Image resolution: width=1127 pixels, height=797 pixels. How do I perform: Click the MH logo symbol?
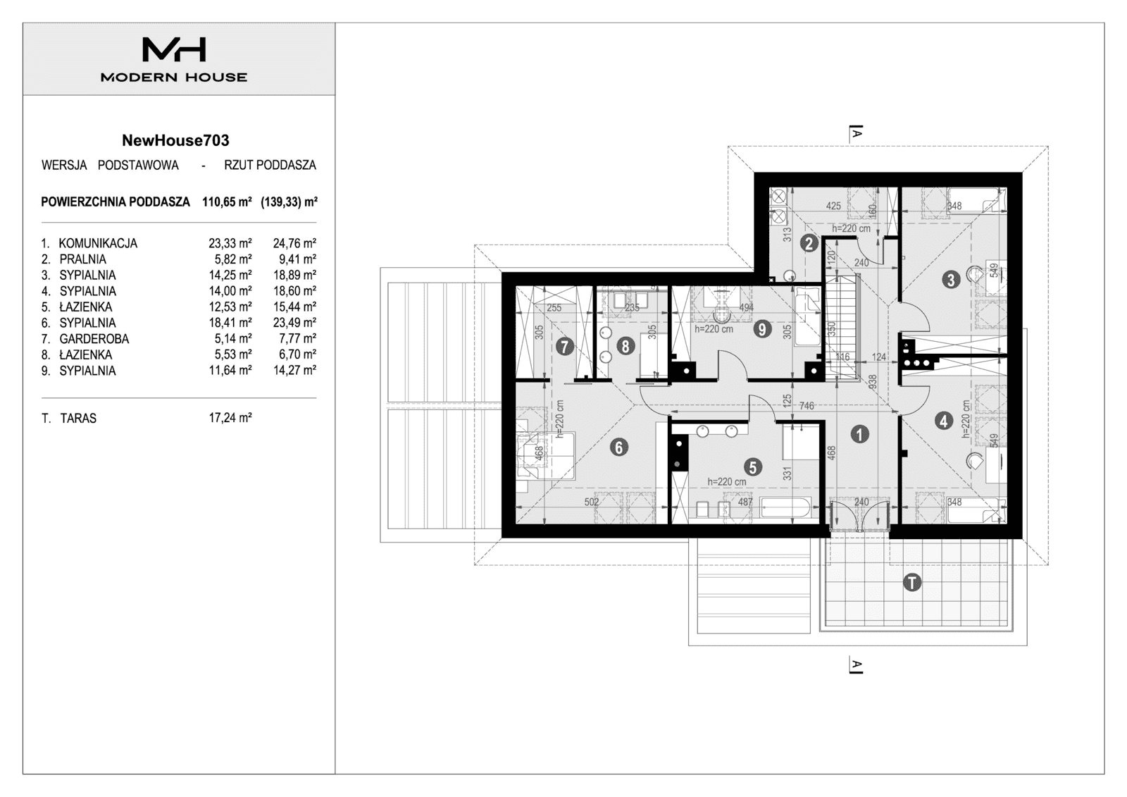(x=174, y=49)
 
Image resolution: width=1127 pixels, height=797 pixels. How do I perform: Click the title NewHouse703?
(x=175, y=140)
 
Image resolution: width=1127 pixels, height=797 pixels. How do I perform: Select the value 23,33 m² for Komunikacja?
(x=230, y=243)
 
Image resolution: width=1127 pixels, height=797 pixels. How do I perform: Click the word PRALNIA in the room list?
(x=82, y=259)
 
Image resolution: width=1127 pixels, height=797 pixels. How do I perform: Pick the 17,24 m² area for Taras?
(x=230, y=418)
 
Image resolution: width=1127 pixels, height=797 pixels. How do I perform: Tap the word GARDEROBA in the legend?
(x=94, y=339)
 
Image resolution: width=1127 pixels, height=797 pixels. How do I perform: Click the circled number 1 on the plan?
(x=859, y=434)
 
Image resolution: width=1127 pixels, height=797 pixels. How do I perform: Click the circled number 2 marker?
(x=809, y=244)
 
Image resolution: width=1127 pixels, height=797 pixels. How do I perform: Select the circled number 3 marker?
(x=951, y=280)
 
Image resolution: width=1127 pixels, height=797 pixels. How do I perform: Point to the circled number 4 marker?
(x=944, y=421)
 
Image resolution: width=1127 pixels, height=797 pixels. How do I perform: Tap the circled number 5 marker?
(x=753, y=467)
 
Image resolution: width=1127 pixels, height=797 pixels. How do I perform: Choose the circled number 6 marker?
(x=618, y=447)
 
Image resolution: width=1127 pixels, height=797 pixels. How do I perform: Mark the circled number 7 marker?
(x=563, y=346)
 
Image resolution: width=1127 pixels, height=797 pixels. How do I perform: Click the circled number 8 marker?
(x=625, y=346)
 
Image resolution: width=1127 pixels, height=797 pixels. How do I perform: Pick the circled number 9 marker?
(x=762, y=329)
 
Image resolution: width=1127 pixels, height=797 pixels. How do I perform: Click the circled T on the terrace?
(x=912, y=583)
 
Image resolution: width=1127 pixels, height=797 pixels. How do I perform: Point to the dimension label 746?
(x=807, y=406)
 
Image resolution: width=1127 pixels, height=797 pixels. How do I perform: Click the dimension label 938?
(x=873, y=381)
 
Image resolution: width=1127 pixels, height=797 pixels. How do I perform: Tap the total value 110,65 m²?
(x=227, y=202)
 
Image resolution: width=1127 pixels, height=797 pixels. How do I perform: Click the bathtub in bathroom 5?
(x=787, y=507)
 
